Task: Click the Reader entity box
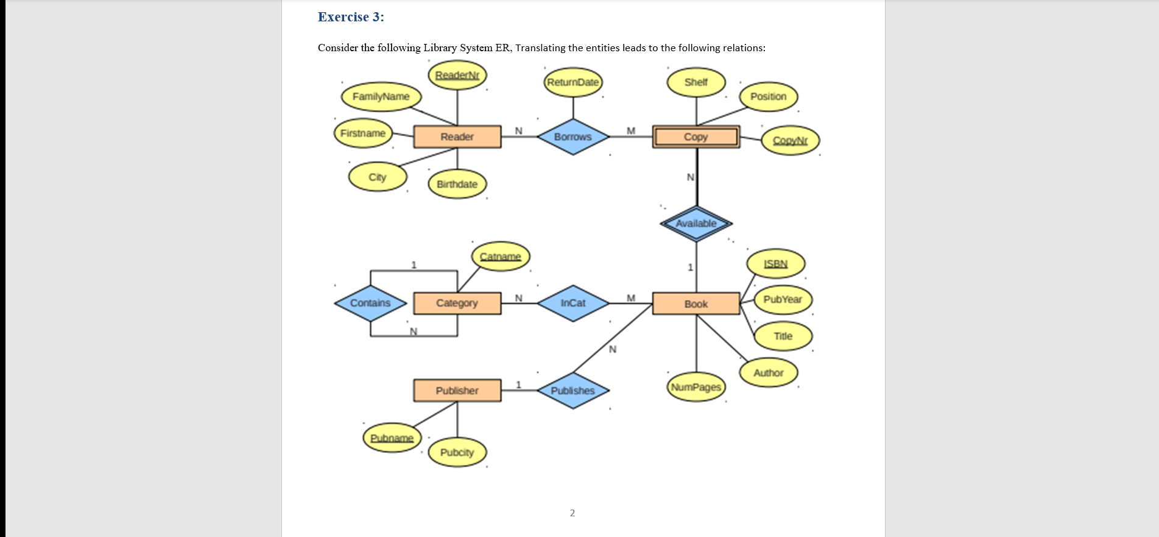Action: click(457, 137)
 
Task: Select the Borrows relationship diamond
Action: click(572, 137)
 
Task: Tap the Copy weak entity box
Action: click(696, 137)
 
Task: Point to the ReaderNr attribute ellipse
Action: click(457, 75)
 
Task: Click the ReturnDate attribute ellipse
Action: click(572, 82)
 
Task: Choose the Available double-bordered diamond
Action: click(696, 224)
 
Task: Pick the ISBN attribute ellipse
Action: click(775, 264)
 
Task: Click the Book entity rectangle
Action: click(696, 304)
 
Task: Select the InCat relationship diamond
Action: click(572, 303)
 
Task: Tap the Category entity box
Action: click(457, 303)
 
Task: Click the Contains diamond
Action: click(370, 303)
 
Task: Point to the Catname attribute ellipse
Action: click(500, 257)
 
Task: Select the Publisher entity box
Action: click(457, 390)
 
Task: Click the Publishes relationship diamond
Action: click(572, 391)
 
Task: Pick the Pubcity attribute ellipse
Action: click(457, 452)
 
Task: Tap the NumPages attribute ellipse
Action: click(696, 387)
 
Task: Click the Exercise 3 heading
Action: click(351, 17)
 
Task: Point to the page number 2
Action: click(572, 513)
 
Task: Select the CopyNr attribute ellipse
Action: click(790, 140)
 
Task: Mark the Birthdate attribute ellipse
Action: click(457, 184)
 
